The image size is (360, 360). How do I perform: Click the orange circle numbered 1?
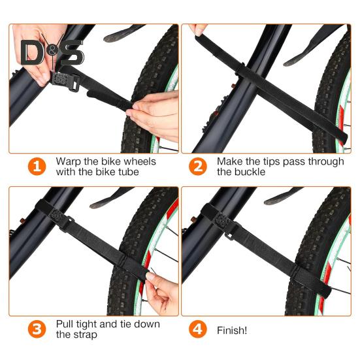tap(37, 167)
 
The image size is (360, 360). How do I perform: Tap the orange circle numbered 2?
tap(198, 167)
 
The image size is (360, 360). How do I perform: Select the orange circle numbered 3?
tap(37, 329)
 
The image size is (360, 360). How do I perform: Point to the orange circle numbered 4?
tap(198, 329)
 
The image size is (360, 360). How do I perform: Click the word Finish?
tap(232, 331)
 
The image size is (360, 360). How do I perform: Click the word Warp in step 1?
tap(69, 161)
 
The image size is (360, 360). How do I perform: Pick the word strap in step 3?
tap(86, 335)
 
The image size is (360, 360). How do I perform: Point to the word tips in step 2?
tap(272, 161)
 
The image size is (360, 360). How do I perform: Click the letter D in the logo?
tap(32, 52)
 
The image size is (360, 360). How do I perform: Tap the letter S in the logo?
tap(71, 52)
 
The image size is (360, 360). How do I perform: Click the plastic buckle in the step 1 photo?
tap(65, 81)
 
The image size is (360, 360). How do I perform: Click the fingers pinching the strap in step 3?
tap(161, 291)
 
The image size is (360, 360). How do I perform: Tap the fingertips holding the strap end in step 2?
tap(198, 29)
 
